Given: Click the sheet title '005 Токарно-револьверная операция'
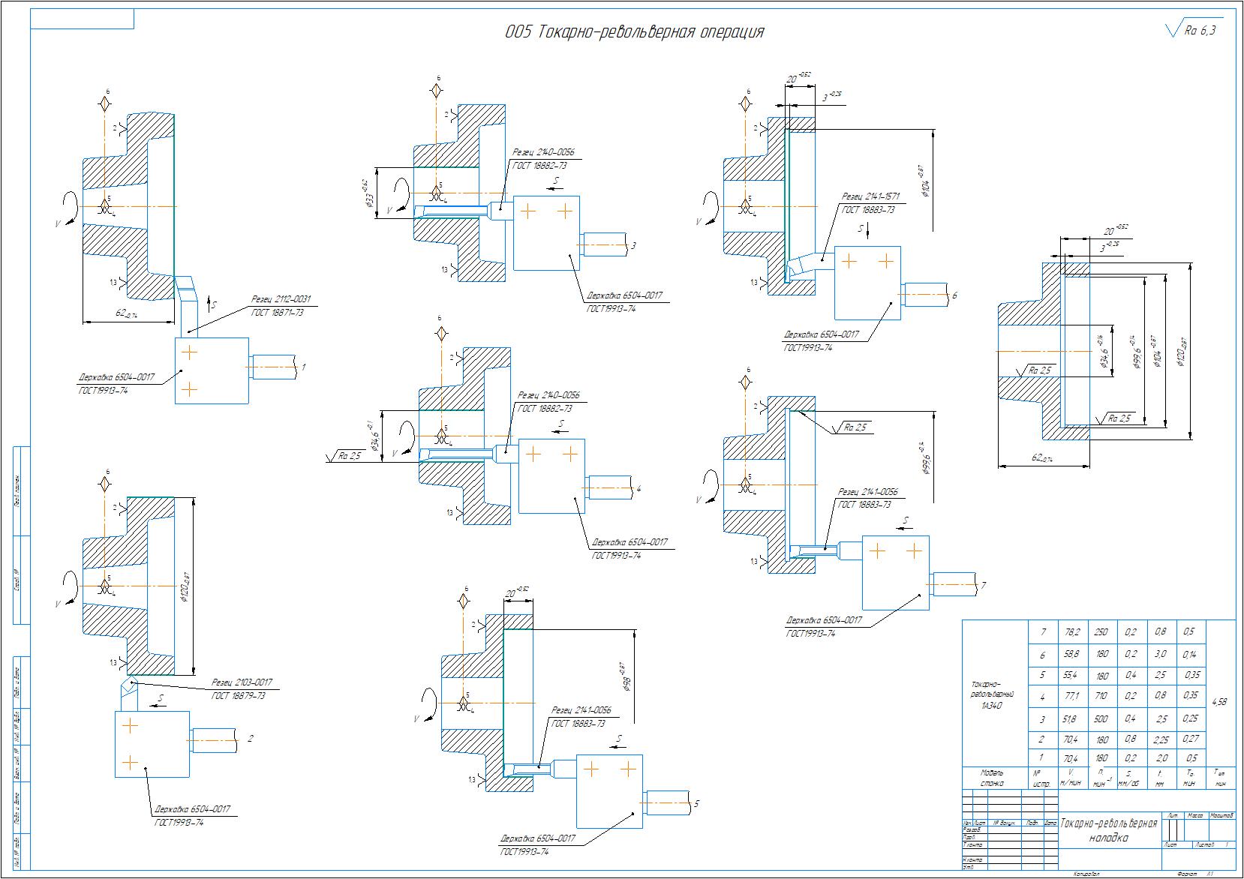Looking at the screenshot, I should pos(634,32).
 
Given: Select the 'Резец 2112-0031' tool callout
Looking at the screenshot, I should pos(281,299).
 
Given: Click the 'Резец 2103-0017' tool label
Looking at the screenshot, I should pos(242,682).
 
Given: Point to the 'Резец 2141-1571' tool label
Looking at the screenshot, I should pos(870,197).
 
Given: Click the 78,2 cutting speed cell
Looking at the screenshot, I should pos(1072,632).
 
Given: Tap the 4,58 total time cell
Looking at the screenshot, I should pos(1220,702).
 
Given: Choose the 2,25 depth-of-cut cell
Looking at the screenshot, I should pos(1161,739).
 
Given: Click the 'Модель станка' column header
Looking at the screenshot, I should pos(993,777).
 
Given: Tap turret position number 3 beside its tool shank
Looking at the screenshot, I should pos(634,245).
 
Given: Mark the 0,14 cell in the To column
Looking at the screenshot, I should pos(1190,654).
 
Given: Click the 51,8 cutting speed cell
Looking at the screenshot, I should pos(1072,718).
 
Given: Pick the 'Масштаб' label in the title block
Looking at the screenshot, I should pos(1223,814).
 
